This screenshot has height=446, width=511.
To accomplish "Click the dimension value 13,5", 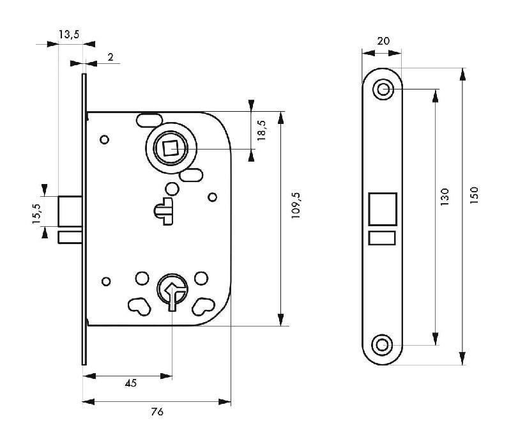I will coord(68,35).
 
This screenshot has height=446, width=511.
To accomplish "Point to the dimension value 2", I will coord(110,58).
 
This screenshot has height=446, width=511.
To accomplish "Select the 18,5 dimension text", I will coord(261,130).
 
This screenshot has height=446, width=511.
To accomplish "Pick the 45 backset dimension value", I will coord(130,383).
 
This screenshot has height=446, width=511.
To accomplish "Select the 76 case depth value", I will coord(157,412).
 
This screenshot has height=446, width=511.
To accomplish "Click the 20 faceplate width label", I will coord(383,41).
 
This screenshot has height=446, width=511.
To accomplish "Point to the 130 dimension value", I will coord(445,196).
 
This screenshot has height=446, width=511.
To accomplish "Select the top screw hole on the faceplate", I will coord(383,89).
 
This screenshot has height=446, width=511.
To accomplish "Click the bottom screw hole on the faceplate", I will coord(383,345).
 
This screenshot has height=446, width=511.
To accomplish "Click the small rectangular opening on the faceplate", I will coord(383,238).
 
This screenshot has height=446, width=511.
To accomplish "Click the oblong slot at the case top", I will coord(149,119).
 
